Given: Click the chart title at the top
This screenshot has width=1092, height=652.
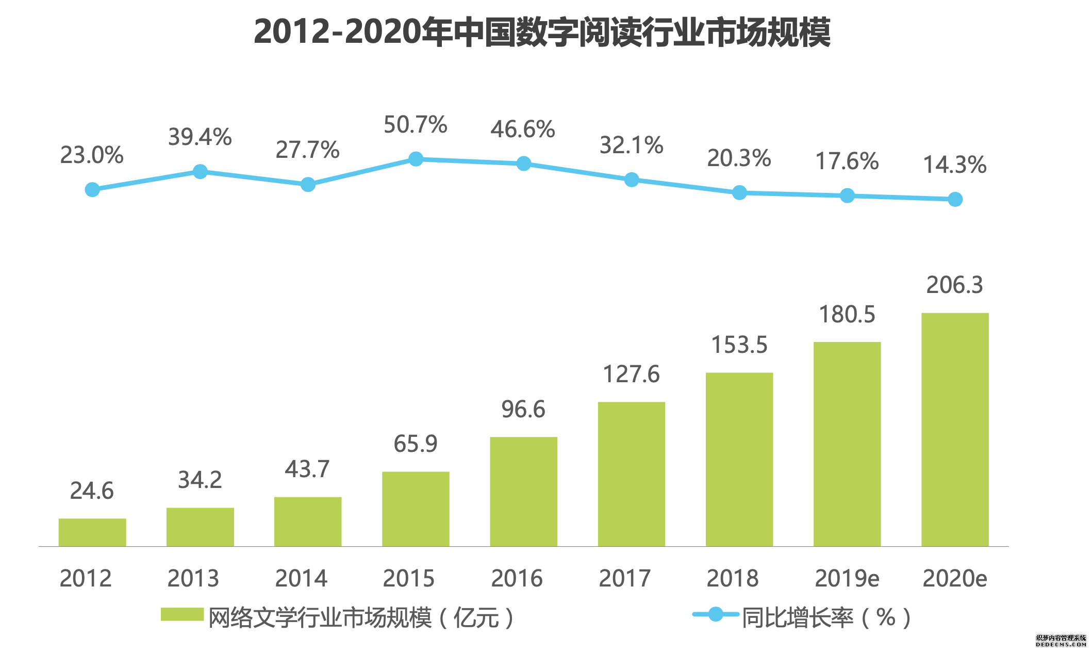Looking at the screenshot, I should (542, 32).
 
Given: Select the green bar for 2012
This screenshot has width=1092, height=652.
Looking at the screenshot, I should (92, 532).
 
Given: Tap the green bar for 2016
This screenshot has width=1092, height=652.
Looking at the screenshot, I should (523, 492).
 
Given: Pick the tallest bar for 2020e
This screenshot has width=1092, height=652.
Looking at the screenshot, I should (955, 429).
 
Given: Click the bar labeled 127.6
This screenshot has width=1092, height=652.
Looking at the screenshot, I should (631, 474).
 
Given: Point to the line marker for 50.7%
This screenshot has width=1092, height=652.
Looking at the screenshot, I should (416, 159).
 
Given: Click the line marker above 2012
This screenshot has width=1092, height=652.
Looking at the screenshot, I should (92, 190).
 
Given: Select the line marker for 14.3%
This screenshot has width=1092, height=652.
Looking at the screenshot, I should (955, 199).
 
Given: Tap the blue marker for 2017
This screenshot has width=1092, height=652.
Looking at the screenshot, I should (631, 180).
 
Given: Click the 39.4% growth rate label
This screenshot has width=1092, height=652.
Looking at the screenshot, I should (200, 137).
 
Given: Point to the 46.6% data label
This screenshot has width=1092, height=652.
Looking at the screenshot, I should (522, 129).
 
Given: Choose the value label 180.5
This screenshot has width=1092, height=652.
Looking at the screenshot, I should (847, 315).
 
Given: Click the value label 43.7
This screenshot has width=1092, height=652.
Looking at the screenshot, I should (307, 469).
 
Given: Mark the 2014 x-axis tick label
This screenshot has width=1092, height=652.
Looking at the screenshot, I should (301, 578).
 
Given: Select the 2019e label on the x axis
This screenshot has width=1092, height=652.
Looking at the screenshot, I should (847, 578).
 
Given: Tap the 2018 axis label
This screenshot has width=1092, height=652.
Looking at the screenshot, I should (732, 578).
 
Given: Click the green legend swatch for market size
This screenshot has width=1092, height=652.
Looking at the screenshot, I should (182, 614).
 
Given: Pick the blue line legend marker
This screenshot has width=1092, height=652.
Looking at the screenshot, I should (715, 614).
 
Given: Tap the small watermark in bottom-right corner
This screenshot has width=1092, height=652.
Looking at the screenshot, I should (1061, 641).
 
